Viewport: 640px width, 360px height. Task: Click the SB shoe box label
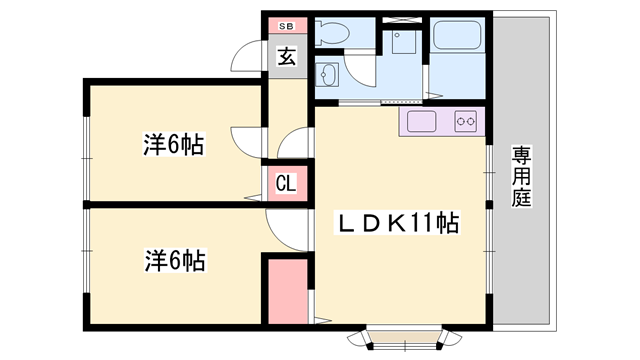coord(285,26)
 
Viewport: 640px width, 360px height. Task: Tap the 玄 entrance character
coord(286,56)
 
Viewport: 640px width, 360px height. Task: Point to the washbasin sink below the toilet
coord(327,76)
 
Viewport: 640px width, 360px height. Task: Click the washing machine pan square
coord(405,42)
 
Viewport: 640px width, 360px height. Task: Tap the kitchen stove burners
coord(466,123)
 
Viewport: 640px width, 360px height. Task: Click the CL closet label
coord(285,184)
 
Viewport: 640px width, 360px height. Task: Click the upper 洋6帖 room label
coord(173,146)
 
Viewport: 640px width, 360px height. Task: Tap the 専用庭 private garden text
coord(521,176)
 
